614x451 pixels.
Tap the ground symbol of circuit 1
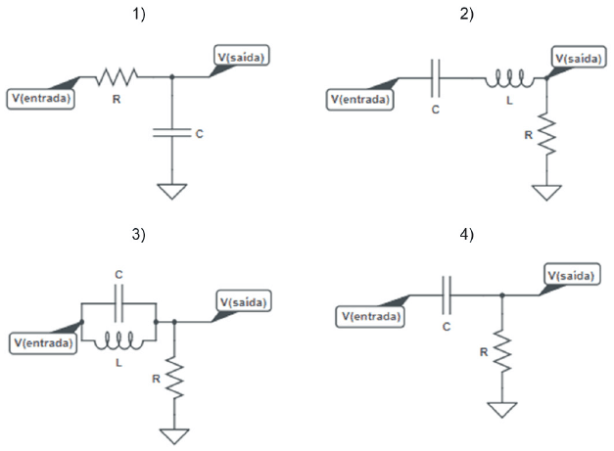click(172, 190)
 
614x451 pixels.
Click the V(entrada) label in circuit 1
click(42, 97)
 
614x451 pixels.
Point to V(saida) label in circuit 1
click(240, 58)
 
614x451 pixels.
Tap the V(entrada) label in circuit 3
click(42, 342)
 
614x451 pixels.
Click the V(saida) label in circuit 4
click(570, 276)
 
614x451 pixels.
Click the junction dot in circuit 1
click(172, 76)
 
